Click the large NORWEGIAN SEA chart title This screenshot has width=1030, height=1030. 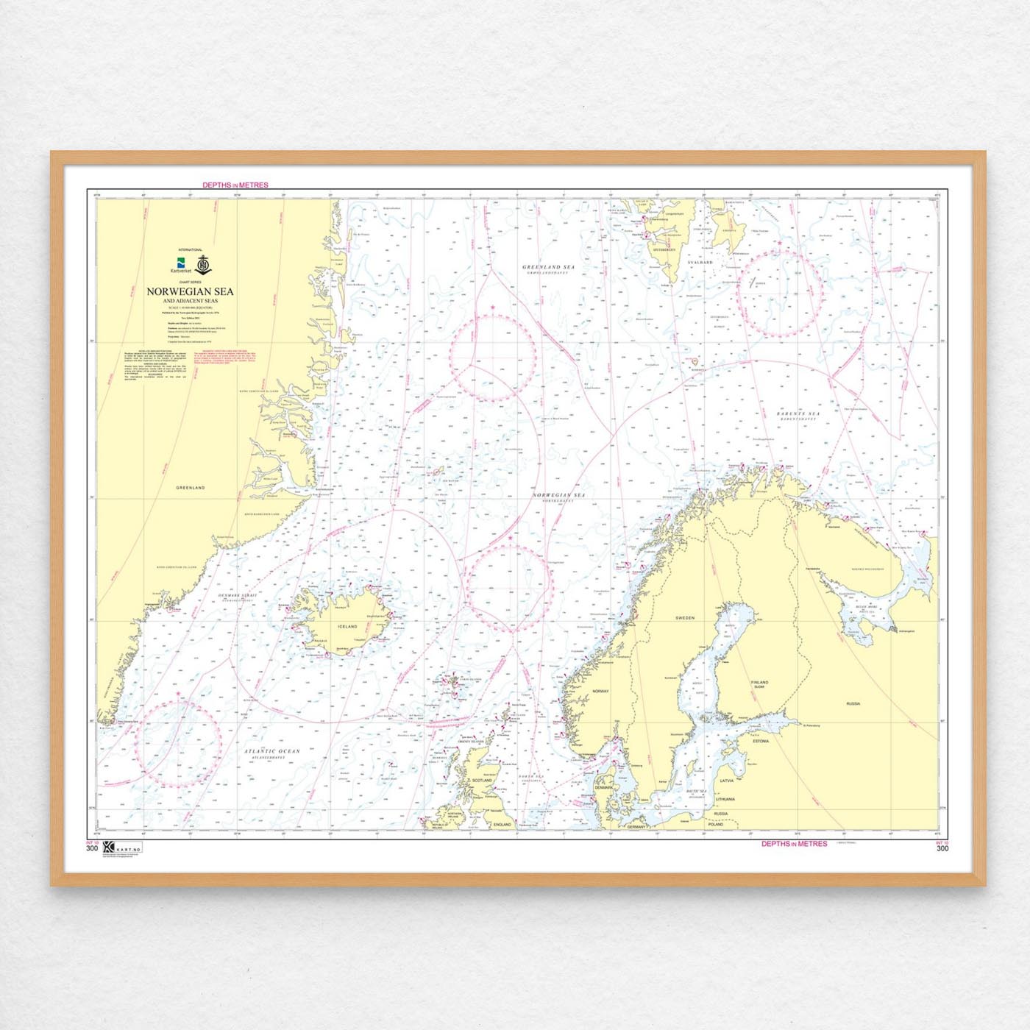pyautogui.click(x=190, y=291)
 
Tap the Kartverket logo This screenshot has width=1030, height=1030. pyautogui.click(x=180, y=266)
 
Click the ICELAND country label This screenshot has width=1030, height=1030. pyautogui.click(x=347, y=627)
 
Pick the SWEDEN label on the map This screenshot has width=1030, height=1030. pyautogui.click(x=685, y=618)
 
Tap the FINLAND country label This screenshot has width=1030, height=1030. pyautogui.click(x=759, y=683)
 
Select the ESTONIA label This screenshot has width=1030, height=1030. pyautogui.click(x=761, y=741)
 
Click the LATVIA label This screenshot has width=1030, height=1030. pyautogui.click(x=727, y=781)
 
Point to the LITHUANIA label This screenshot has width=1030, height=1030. pyautogui.click(x=725, y=799)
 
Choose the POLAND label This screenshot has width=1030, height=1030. pyautogui.click(x=715, y=825)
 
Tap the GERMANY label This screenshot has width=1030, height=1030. pyautogui.click(x=636, y=827)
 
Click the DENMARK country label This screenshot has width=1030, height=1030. pyautogui.click(x=603, y=787)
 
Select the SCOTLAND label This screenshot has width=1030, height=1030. pyautogui.click(x=482, y=781)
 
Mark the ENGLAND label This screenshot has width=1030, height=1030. pyautogui.click(x=502, y=825)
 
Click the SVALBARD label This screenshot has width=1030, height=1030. pyautogui.click(x=700, y=262)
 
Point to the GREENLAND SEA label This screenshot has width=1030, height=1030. pyautogui.click(x=548, y=268)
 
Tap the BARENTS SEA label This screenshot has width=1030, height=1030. pyautogui.click(x=798, y=414)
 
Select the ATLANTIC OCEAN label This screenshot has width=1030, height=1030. pyautogui.click(x=272, y=752)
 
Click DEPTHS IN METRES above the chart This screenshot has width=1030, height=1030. pyautogui.click(x=235, y=185)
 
